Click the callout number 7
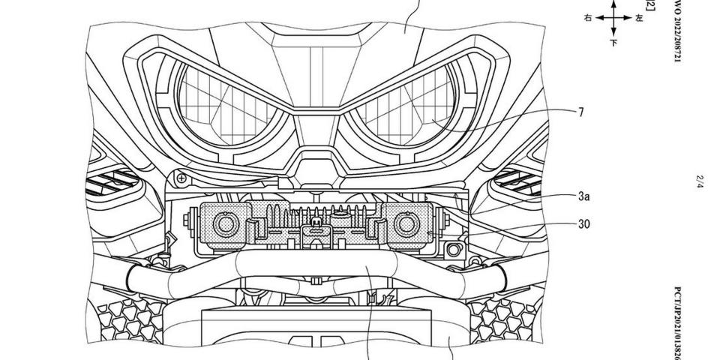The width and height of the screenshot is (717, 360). click(581, 113)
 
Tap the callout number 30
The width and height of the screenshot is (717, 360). click(584, 223)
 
